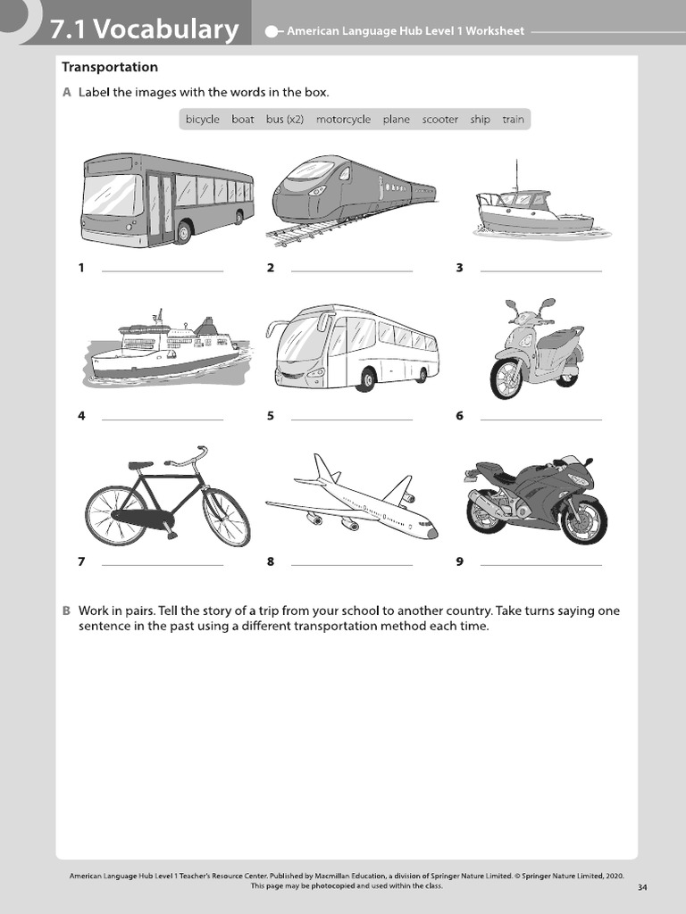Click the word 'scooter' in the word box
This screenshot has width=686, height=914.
(439, 120)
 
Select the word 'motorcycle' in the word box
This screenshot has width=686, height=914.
(343, 120)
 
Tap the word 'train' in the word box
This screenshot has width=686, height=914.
(513, 120)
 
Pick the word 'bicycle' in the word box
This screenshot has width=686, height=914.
(203, 120)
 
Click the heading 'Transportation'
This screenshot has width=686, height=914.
(110, 67)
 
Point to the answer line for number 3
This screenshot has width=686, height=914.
(540, 270)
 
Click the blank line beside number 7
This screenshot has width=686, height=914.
(163, 564)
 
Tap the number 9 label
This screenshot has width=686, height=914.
(459, 561)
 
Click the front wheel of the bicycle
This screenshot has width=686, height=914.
(226, 518)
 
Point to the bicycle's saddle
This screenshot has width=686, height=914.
(140, 465)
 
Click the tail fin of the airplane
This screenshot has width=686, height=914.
(322, 468)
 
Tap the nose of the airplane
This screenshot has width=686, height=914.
(433, 534)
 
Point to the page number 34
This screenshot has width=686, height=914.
(643, 887)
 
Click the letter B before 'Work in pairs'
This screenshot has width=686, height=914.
(66, 611)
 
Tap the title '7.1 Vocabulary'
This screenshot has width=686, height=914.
(144, 30)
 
